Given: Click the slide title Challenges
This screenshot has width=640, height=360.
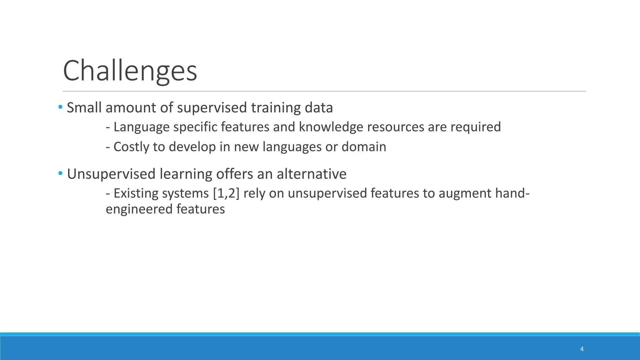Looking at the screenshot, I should (130, 71).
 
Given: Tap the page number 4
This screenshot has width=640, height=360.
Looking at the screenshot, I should (582, 349).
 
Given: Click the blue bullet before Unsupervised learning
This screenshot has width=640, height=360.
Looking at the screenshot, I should (60, 173).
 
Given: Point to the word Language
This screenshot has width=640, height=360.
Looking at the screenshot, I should (141, 127).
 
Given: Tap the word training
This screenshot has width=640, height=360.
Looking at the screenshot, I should (276, 108).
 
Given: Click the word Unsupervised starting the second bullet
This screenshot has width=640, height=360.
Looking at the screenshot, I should (111, 174).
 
